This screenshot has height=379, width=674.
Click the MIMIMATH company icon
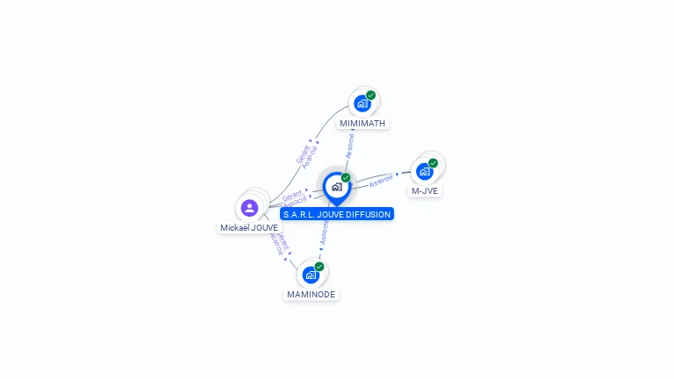tap(361, 104)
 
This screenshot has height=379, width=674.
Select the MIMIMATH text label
tap(362, 124)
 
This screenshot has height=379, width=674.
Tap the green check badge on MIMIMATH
tap(370, 95)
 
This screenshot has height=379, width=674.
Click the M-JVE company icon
tap(424, 171)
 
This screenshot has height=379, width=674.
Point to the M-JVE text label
tap(425, 190)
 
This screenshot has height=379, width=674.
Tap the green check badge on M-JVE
tap(433, 163)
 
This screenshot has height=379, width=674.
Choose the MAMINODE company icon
tap(310, 275)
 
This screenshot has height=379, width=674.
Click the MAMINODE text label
tap(311, 295)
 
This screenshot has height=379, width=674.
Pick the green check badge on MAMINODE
tap(319, 266)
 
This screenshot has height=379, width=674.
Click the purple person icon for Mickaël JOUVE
tap(249, 208)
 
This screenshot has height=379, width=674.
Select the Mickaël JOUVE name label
tap(249, 228)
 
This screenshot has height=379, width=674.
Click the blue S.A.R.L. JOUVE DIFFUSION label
tap(337, 214)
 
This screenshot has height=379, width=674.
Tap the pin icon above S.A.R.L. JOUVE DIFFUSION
tap(336, 187)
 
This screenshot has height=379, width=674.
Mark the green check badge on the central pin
tap(346, 178)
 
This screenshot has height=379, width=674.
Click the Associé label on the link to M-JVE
tap(382, 181)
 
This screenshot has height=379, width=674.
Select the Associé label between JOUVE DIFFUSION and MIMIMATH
tap(350, 145)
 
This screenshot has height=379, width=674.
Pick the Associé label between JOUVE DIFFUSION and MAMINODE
tap(325, 232)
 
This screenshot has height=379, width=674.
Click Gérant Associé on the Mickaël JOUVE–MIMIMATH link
tap(307, 153)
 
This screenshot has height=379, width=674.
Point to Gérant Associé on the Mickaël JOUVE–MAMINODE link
tap(278, 243)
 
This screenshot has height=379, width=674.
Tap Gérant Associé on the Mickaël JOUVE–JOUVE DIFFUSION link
tap(294, 197)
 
